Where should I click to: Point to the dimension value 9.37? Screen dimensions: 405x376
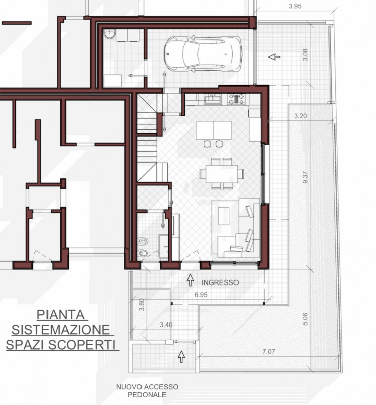(305, 178)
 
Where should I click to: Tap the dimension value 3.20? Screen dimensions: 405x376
(301, 116)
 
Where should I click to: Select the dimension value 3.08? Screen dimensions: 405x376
(305, 55)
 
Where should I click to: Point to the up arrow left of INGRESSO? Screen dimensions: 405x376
(191, 278)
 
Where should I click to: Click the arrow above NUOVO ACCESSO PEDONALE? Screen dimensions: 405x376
(181, 356)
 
